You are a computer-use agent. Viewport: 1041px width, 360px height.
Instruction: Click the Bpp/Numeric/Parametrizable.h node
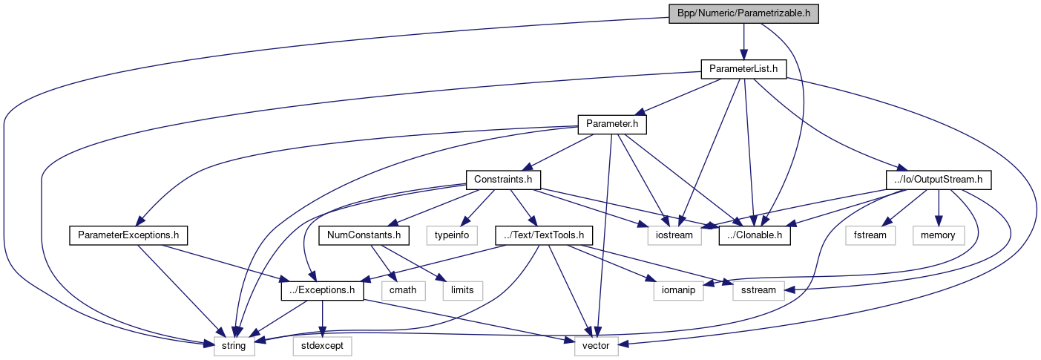coord(743,14)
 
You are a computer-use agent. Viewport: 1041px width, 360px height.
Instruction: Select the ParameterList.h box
coord(743,70)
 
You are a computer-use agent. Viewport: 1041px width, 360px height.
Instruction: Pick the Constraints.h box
coord(503,180)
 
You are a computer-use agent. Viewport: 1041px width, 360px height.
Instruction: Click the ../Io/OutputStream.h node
coord(939,180)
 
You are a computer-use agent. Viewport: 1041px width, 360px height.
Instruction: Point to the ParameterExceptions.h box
coord(128,235)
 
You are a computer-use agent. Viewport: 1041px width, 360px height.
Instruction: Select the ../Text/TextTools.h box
coord(545,235)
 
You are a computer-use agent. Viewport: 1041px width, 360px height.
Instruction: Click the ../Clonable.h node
coord(755,235)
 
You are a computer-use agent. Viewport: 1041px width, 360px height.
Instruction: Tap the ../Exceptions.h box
coord(322,290)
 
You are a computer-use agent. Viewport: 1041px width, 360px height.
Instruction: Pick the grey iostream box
coord(674,235)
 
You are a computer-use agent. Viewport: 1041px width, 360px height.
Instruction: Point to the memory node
coord(939,235)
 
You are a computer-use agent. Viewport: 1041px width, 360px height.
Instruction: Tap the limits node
coord(462,290)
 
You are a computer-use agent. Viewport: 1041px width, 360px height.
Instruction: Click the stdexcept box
coord(322,345)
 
